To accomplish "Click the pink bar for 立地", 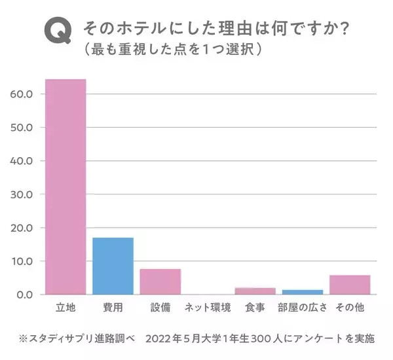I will [65, 187].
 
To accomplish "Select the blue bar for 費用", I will [113, 266].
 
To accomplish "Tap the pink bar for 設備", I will [160, 281].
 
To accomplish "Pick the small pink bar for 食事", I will [255, 291].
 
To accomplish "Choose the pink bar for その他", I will [350, 285].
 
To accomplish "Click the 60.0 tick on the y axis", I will [22, 94].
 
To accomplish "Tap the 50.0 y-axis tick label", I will [22, 127].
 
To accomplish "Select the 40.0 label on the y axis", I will [22, 160].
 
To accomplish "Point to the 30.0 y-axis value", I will [22, 194].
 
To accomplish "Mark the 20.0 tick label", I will [22, 228].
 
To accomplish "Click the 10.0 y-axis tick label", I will [22, 261].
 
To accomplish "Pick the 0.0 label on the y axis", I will [25, 295].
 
